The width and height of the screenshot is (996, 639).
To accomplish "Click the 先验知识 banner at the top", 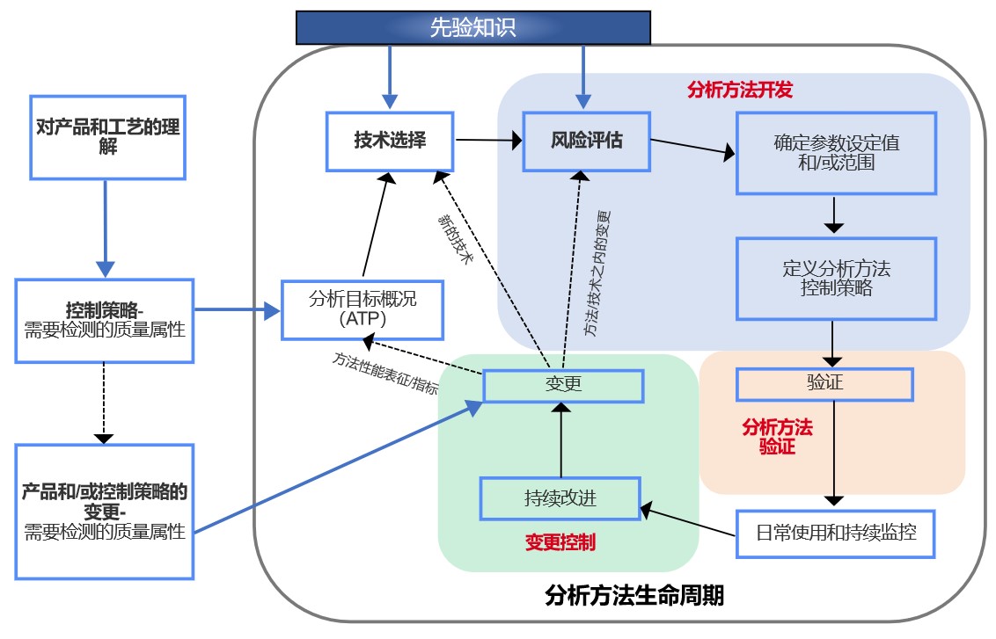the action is coord(473,27).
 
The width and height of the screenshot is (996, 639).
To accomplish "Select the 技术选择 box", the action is coord(390,142).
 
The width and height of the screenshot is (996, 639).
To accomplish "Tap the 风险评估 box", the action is coord(586,142).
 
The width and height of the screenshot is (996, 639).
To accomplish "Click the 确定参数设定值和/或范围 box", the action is coord(836,153).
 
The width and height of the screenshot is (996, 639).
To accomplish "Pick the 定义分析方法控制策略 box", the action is coord(836,279).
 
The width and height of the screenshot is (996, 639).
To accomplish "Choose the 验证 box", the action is coord(824,384).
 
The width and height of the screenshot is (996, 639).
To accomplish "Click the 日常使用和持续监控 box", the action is coord(835,534).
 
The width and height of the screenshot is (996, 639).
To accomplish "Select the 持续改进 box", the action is coord(560,498).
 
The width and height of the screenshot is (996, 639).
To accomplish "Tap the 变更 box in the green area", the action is coord(563,386).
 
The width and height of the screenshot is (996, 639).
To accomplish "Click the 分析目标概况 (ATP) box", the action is coord(363,309).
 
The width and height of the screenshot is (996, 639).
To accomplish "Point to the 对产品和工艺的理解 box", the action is coord(107,138).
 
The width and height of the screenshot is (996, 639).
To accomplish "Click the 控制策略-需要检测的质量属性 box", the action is coord(104,321).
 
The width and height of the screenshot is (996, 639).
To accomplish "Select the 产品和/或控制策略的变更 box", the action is coord(104,512).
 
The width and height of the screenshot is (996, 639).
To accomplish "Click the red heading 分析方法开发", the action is coord(740,91).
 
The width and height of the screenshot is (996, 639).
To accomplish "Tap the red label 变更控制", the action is coord(560,542).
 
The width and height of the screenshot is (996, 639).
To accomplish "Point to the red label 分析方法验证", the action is coord(778,437).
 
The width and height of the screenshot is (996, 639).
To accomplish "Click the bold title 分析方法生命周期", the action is coord(633,596).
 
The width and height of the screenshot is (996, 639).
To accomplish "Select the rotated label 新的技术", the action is coord(456,238).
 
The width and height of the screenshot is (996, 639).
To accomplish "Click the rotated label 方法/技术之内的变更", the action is coord(597,273).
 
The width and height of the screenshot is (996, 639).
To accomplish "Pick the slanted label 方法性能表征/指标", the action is coord(385,374).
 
